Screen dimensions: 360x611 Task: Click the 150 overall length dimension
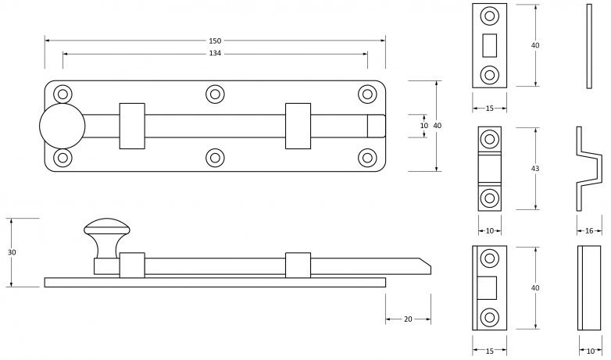point(215,40)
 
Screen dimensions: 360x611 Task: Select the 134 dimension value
point(215,53)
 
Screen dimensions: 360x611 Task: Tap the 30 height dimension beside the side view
point(12,252)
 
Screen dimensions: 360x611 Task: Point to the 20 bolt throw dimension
point(408,319)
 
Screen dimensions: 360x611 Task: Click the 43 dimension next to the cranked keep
point(535,169)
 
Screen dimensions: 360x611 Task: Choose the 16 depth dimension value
point(588,230)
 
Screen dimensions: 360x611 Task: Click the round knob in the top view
point(60,126)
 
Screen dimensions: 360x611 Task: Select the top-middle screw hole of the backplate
point(215,94)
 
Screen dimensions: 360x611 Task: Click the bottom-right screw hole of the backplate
point(366,157)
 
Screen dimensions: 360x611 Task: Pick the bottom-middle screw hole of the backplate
point(215,157)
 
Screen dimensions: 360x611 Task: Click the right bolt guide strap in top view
point(298,126)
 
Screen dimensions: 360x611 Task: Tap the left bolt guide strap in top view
point(132,126)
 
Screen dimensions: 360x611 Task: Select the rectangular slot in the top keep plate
point(490,45)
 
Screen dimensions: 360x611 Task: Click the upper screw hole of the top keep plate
point(490,16)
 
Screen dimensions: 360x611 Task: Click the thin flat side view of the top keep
point(588,45)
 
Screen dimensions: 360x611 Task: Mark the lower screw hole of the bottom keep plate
point(490,317)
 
